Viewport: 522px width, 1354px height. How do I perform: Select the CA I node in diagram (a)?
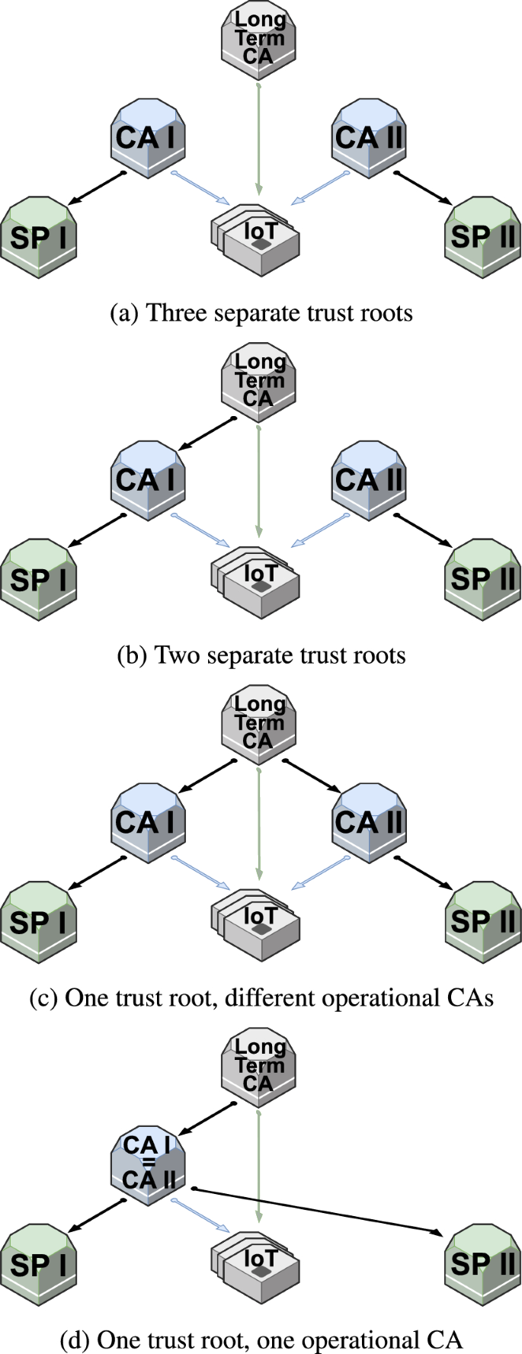click(148, 138)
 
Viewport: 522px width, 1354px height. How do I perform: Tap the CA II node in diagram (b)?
click(369, 481)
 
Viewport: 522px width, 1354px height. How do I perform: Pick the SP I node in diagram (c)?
click(39, 922)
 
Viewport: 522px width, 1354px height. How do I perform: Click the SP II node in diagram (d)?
click(482, 1263)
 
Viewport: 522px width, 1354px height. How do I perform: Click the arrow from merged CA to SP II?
click(320, 1210)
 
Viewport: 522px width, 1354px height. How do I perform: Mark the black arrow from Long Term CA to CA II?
click(312, 775)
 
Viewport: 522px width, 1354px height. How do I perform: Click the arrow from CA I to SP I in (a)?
click(97, 189)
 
